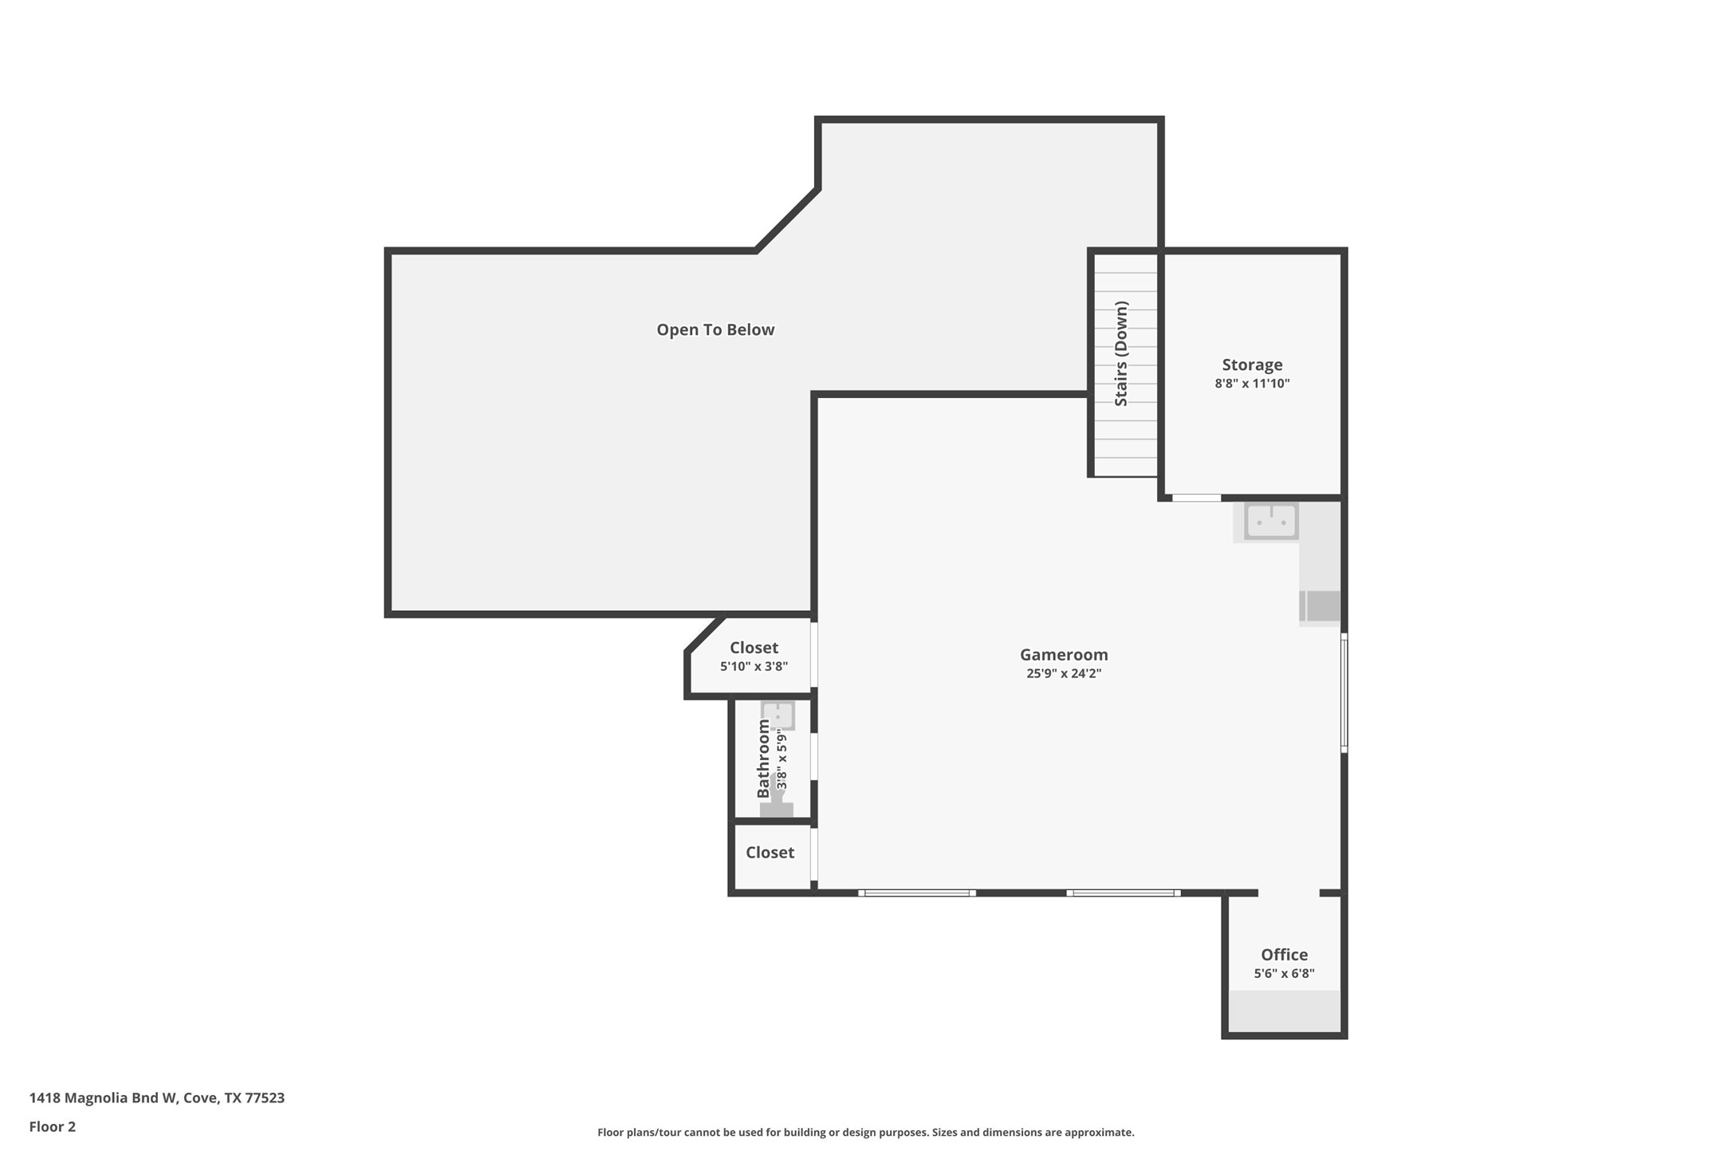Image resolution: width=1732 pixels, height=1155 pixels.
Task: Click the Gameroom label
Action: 1063,654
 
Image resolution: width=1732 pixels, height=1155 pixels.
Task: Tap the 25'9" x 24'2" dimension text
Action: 1063,673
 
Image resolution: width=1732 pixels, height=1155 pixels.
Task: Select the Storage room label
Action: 1252,365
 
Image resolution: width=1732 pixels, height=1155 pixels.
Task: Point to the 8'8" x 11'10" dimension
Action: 1252,384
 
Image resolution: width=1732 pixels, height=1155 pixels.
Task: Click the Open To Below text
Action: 715,329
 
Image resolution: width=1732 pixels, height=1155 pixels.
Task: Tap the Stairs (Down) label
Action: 1121,353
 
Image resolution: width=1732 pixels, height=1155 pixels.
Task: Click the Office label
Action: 1284,954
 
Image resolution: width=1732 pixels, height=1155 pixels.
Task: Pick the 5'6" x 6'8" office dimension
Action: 1284,973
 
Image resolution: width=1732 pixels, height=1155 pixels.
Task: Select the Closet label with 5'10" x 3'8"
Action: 754,648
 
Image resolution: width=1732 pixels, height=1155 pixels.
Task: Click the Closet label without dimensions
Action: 770,852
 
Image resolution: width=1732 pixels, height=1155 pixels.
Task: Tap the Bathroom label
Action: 763,758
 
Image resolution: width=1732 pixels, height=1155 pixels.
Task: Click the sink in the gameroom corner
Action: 1271,521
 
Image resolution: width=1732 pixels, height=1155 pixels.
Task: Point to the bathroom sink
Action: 777,714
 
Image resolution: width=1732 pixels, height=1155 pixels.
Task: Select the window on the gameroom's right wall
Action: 1344,692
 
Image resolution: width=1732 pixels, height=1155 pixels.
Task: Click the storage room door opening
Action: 1195,498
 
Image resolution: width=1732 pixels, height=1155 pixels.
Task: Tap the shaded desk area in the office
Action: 1284,1011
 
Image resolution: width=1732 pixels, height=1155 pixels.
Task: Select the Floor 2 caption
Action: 53,1126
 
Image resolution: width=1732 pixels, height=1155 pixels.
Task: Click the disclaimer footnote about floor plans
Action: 865,1132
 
